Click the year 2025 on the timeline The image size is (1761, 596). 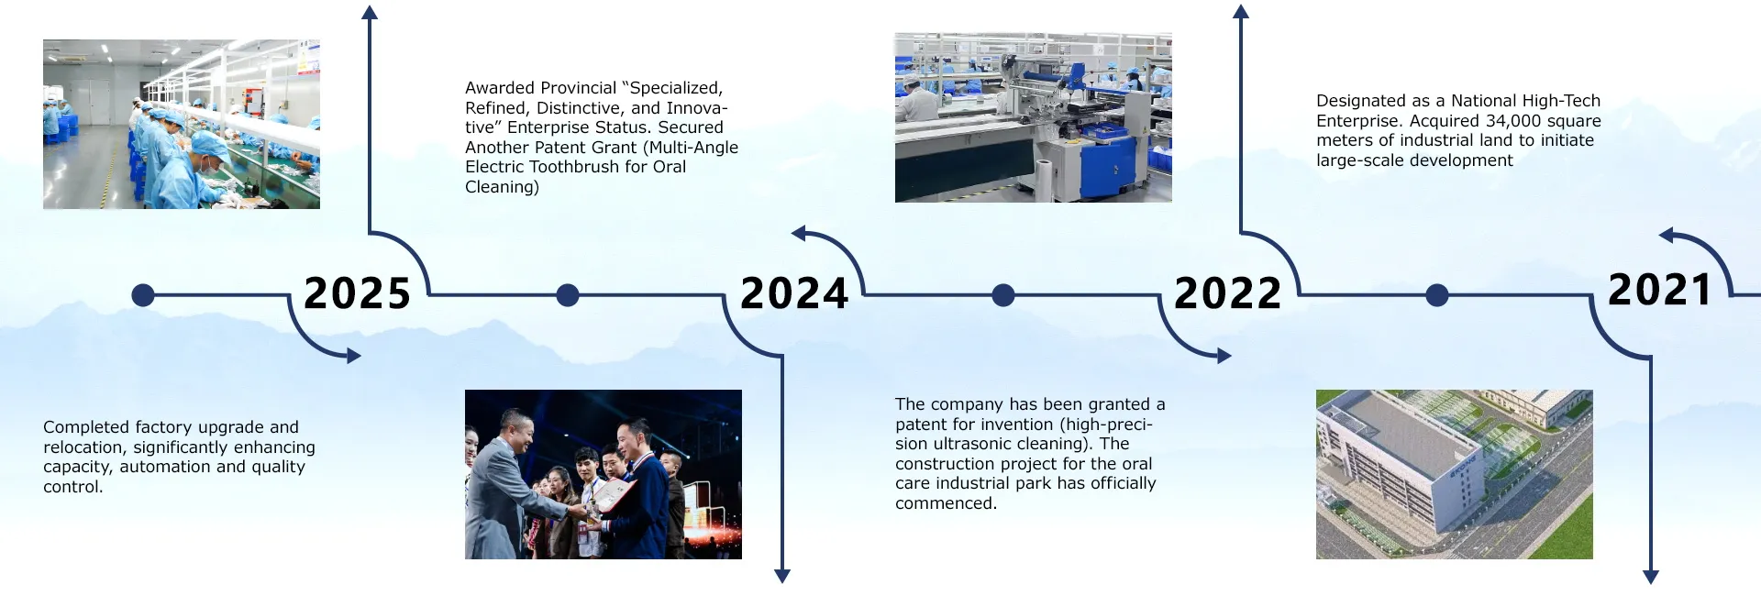click(357, 293)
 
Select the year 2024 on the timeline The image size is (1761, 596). click(794, 293)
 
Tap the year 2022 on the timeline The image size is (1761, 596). click(1228, 293)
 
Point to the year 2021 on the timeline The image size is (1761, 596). click(1660, 290)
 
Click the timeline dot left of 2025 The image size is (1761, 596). click(143, 295)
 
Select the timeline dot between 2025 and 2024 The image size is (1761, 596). click(568, 295)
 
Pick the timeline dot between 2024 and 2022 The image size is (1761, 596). click(1003, 295)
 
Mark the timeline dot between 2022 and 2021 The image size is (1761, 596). click(1437, 295)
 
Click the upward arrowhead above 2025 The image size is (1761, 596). click(370, 12)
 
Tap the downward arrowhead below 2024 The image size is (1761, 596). click(782, 576)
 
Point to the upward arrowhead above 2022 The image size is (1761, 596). click(1241, 12)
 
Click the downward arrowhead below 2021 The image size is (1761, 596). click(1651, 577)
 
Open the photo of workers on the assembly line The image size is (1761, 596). click(182, 124)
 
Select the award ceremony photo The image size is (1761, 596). click(604, 474)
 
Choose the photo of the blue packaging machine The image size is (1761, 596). click(1034, 117)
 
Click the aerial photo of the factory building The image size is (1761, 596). click(1455, 474)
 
